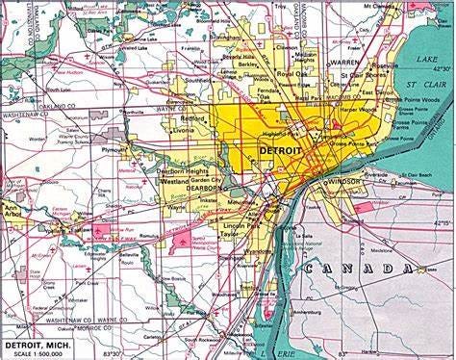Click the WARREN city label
coord(344,64)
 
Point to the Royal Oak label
coord(290,73)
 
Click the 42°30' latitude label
coord(442,69)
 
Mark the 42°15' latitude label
coord(442,222)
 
